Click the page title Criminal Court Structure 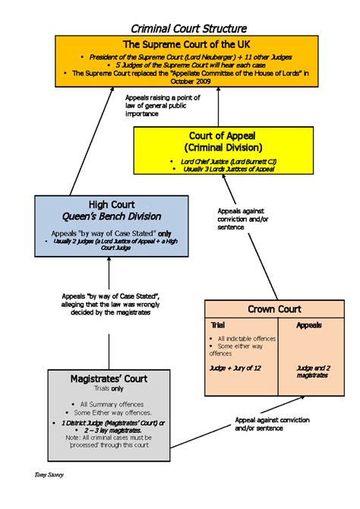[180, 28]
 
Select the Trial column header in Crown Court [217, 324]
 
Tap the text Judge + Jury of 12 [235, 367]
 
